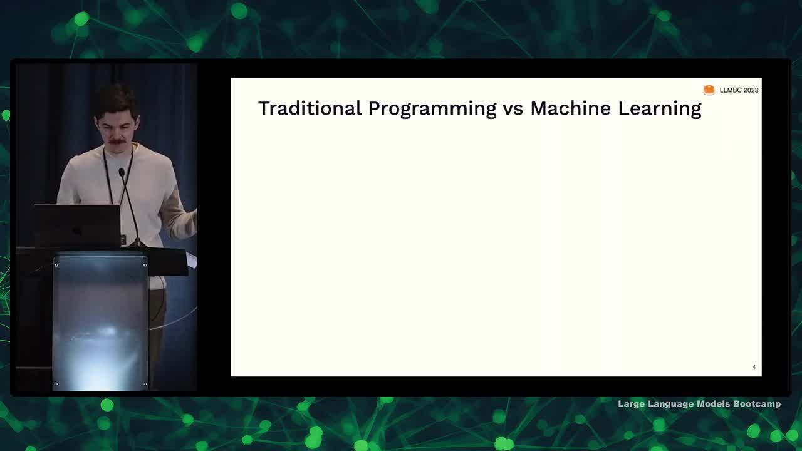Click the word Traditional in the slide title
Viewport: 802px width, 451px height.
click(310, 108)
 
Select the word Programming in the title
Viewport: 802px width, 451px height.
click(432, 109)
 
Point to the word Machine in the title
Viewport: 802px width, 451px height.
click(571, 108)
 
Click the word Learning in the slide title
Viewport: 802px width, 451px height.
click(660, 109)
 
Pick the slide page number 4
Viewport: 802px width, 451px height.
click(754, 367)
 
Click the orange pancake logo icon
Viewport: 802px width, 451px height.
click(709, 90)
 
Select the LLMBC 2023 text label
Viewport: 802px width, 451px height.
click(739, 90)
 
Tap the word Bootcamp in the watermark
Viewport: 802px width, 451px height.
click(757, 404)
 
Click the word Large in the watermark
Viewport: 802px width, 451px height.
click(631, 405)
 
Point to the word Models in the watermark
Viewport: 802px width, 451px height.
click(713, 404)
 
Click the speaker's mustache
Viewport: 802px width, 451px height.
click(117, 142)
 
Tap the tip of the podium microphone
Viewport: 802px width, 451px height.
click(122, 172)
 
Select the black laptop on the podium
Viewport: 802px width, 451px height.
click(77, 225)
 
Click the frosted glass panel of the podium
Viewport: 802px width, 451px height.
click(100, 322)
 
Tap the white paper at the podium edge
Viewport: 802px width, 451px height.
click(192, 260)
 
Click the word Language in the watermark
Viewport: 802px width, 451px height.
click(670, 405)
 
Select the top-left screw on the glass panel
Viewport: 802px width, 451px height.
click(56, 265)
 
